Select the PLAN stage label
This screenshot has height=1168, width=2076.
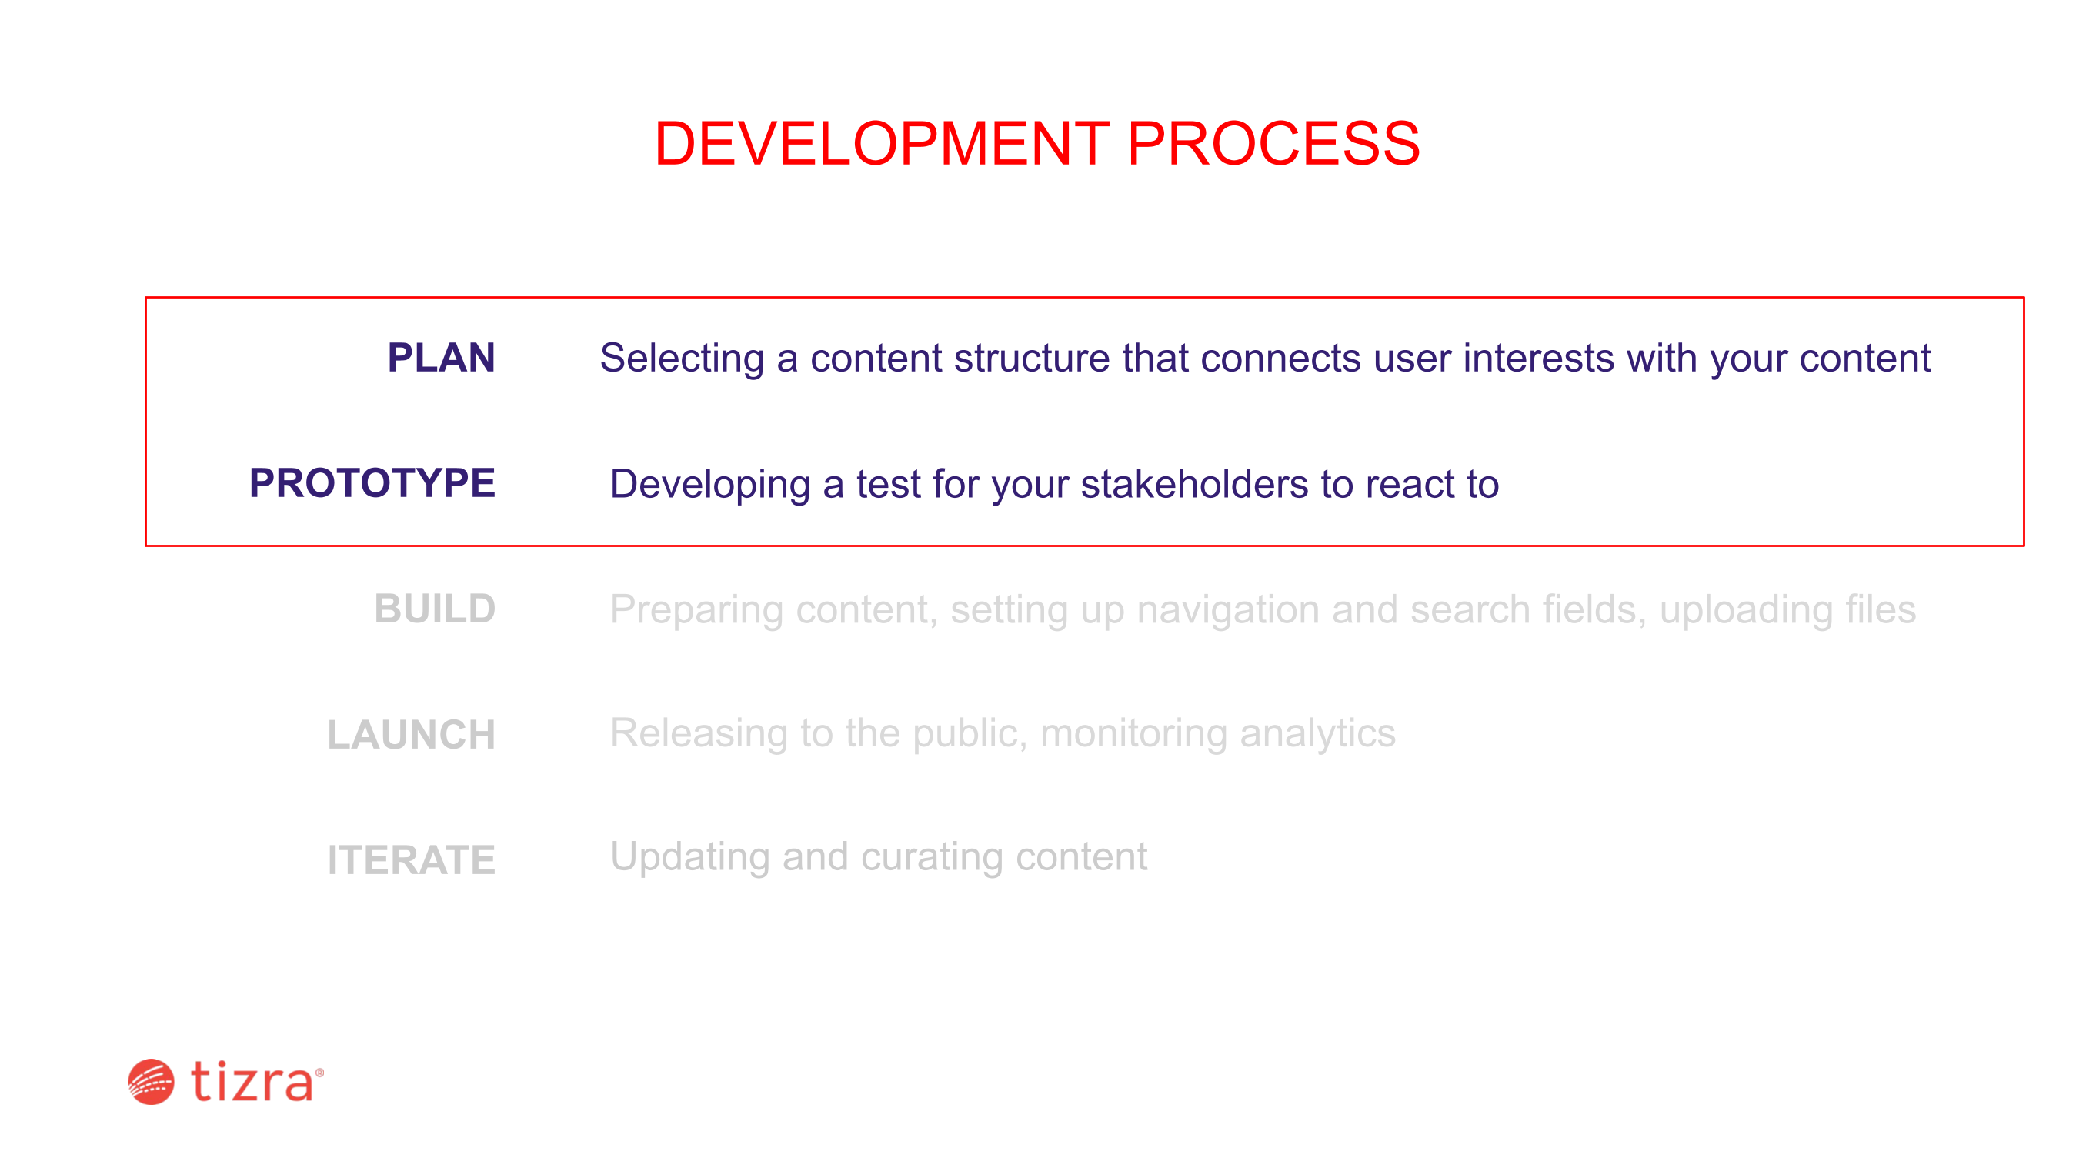coord(441,357)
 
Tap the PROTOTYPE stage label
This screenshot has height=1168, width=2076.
coord(372,483)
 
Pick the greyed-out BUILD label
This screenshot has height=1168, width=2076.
coord(435,609)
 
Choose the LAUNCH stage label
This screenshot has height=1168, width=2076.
coord(411,734)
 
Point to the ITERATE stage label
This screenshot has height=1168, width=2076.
coord(411,859)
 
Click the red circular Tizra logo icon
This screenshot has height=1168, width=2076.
coord(152,1082)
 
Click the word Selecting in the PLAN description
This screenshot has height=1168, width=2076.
coord(682,359)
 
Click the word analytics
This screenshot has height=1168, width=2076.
coord(1317,734)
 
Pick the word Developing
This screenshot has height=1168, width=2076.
coord(710,485)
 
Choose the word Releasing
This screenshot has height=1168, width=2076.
coord(699,734)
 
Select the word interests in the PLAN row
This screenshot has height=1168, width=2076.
coord(1538,359)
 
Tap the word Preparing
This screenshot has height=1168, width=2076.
coord(696,610)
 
